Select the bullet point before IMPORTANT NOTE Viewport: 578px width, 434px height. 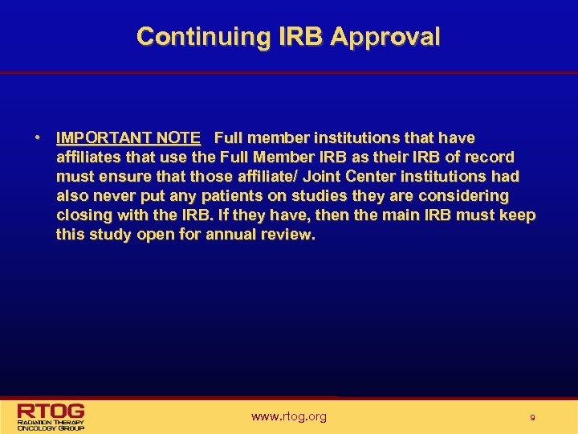(39, 138)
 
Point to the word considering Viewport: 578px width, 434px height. (466, 196)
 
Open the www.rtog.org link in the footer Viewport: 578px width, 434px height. (289, 416)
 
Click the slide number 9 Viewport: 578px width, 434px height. (531, 417)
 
